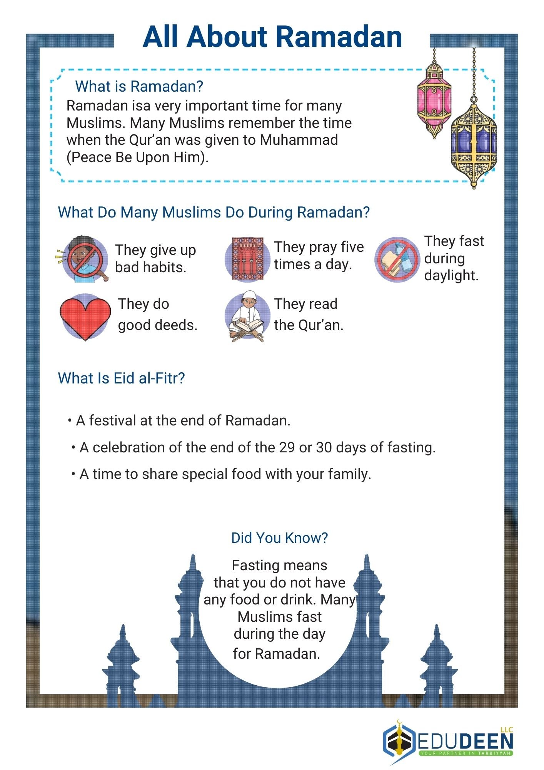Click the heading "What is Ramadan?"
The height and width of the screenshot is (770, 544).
tap(139, 87)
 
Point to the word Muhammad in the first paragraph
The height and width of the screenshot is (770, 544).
tap(299, 140)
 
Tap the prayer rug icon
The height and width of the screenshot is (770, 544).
tap(248, 259)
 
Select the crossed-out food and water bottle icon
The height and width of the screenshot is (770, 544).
tap(397, 259)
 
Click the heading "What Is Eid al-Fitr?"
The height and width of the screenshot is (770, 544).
tap(121, 378)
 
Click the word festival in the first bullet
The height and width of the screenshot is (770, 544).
tap(112, 420)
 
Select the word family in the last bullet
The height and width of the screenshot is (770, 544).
tap(350, 474)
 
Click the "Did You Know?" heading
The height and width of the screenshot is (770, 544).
tap(279, 538)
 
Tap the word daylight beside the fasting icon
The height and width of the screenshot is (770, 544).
tap(451, 276)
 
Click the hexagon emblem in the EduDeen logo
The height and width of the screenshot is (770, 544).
tap(399, 741)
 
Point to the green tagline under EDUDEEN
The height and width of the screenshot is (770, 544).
tap(466, 753)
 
